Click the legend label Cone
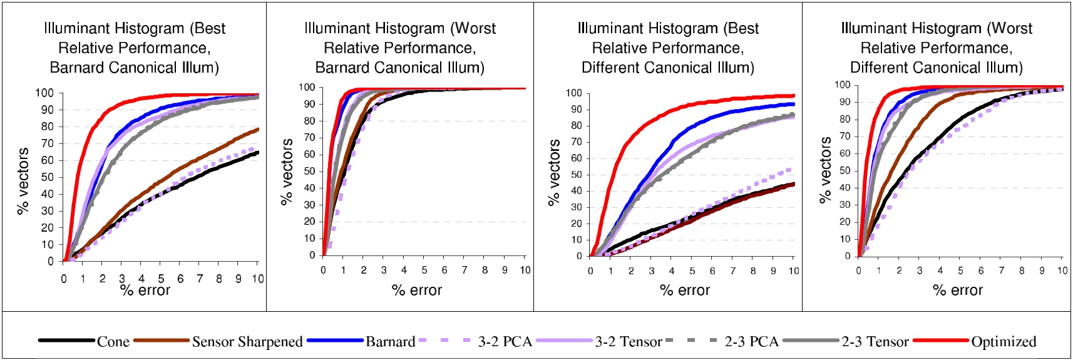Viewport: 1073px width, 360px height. (x=113, y=342)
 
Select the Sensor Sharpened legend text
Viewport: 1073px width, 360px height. (x=247, y=342)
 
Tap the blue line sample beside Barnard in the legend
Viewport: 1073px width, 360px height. (x=335, y=341)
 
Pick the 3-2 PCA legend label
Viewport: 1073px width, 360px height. (x=505, y=342)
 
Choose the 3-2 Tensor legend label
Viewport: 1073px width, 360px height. (x=628, y=342)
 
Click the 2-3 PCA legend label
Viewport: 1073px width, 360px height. (x=751, y=342)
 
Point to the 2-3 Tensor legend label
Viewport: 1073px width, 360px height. (x=875, y=342)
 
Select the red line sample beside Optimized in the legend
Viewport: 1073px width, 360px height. (x=941, y=341)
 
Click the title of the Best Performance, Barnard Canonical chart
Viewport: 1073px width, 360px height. (x=134, y=48)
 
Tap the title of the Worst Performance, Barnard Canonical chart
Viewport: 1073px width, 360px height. (x=399, y=48)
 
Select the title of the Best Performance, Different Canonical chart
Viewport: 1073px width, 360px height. (x=667, y=48)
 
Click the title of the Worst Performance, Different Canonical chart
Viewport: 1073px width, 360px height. (x=936, y=48)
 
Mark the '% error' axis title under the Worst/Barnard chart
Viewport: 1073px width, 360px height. (x=416, y=291)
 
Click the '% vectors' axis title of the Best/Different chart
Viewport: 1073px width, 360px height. (x=553, y=173)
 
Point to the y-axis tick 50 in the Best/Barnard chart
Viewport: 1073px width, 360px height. (x=48, y=177)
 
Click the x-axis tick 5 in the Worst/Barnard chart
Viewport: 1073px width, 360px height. (x=424, y=270)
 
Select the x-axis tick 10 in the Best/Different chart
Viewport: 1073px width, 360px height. (x=793, y=271)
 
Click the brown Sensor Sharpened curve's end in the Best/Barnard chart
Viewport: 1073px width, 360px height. (x=258, y=130)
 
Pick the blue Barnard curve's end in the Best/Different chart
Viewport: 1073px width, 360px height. (x=794, y=104)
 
